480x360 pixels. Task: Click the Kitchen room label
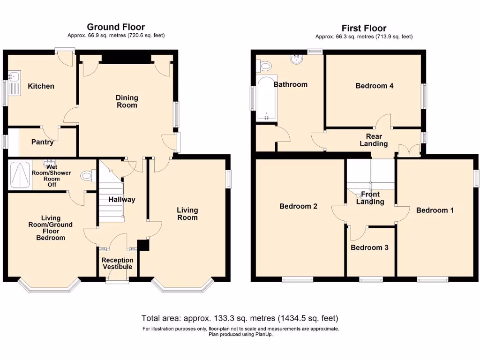point(41,86)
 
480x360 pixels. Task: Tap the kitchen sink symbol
point(14,76)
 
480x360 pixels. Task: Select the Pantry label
point(42,142)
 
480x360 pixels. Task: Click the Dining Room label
point(127,101)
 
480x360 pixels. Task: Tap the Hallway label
point(122,200)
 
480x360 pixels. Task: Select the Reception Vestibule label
point(118,263)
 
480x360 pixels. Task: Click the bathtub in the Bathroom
point(267,99)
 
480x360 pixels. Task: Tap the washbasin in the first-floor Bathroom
point(297,59)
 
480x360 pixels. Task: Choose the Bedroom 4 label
point(374,86)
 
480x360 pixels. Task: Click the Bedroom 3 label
point(369,247)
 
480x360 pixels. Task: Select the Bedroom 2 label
point(299,206)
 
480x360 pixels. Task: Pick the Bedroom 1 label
point(435,210)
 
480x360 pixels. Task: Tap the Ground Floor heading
point(116,27)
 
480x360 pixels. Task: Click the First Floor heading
point(364,28)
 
